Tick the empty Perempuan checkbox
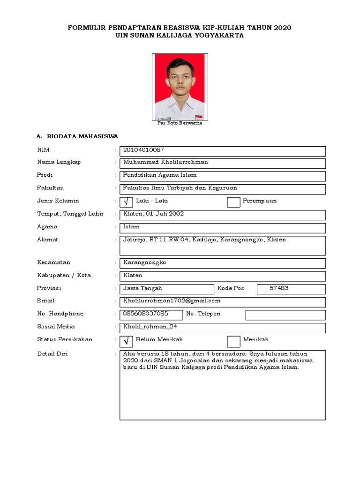[233, 202]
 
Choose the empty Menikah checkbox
[233, 341]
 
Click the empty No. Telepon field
[285, 315]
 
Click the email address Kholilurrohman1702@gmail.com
[172, 301]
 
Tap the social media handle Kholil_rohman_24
[150, 327]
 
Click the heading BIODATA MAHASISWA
[82, 136]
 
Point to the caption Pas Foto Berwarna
[180, 123]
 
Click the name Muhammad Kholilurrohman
[165, 162]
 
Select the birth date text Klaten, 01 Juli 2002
[153, 214]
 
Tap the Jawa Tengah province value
[142, 288]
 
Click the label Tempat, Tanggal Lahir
[70, 214]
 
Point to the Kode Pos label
[231, 288]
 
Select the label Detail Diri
[52, 354]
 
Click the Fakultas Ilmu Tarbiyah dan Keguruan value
[180, 188]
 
